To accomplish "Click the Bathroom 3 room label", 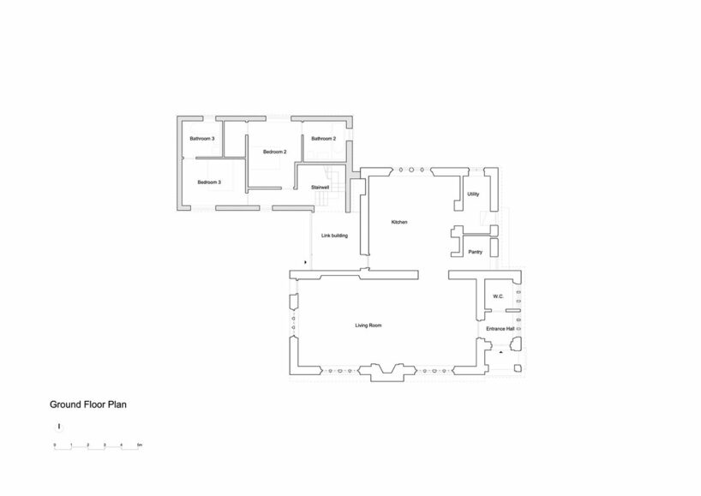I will (x=202, y=139).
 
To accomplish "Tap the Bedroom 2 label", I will (x=274, y=152).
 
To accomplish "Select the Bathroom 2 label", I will (x=323, y=139).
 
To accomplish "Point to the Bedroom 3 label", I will (x=209, y=182).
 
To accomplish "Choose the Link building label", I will (x=333, y=235).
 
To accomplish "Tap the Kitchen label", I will (x=398, y=222).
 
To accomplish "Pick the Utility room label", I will (x=473, y=194).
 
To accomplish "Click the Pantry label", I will (x=476, y=252).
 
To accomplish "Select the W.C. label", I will (x=497, y=297).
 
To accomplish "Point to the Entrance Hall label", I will (x=500, y=328).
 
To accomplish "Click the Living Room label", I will (x=368, y=326).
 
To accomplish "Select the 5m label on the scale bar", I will (x=139, y=445).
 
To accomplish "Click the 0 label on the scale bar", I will (x=54, y=445).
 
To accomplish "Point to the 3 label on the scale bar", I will (x=105, y=445).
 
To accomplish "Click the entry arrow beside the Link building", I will (x=306, y=262).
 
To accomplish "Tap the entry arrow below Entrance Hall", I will (x=500, y=351).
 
